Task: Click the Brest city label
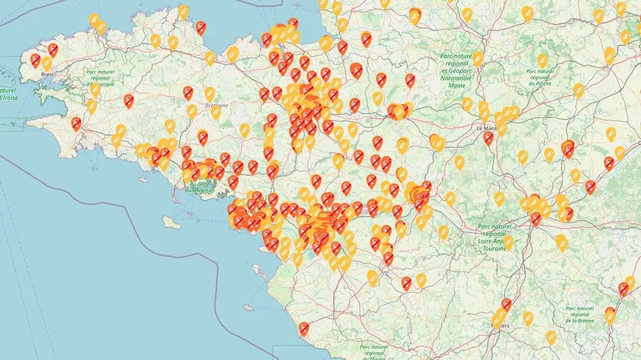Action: (x=48, y=75)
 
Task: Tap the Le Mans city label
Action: (x=489, y=128)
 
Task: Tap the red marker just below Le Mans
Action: (x=488, y=137)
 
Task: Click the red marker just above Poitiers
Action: (x=506, y=303)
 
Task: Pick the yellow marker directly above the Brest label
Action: (x=47, y=63)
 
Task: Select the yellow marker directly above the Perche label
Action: (x=543, y=59)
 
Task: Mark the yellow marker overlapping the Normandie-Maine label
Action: (x=478, y=58)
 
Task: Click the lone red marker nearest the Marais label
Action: (x=304, y=329)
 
